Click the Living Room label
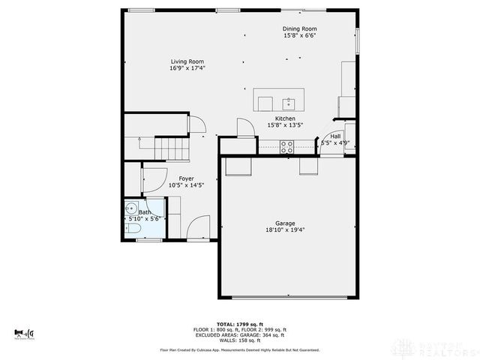187,61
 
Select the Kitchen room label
285,118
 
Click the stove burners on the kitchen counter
286,148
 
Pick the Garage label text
284,223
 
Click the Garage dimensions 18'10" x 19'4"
284,230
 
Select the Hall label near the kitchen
335,136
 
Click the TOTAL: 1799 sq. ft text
239,323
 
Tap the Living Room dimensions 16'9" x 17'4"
187,68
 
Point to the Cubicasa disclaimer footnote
239,350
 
